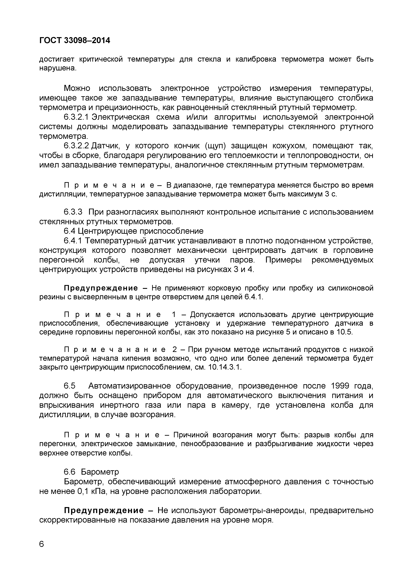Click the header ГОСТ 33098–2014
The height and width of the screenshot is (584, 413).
75,40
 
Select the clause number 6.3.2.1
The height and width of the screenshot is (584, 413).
76,117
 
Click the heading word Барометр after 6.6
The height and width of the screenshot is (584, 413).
100,472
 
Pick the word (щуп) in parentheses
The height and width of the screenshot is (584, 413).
215,146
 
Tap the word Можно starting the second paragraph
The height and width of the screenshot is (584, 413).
77,88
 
